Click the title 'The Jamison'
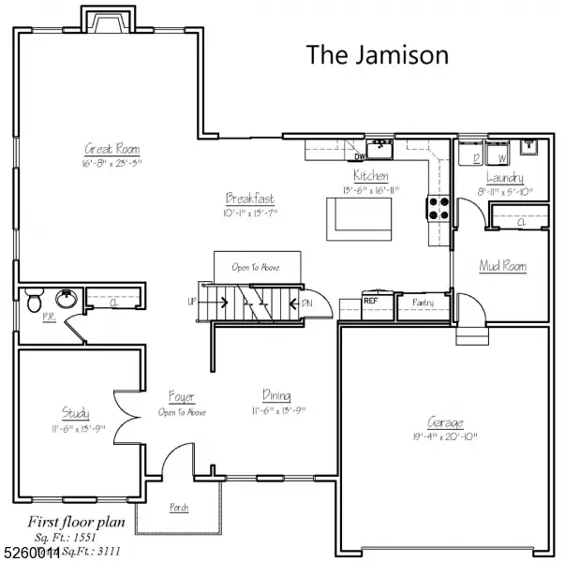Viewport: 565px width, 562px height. click(x=378, y=54)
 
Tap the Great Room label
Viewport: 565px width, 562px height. click(x=112, y=149)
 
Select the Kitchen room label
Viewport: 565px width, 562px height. click(x=371, y=175)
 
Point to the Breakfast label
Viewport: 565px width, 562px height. click(x=250, y=199)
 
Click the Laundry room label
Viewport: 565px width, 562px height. click(x=504, y=177)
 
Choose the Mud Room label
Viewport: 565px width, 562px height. click(x=502, y=266)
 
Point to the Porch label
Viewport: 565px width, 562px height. click(x=178, y=508)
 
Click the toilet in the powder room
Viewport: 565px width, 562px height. click(x=35, y=301)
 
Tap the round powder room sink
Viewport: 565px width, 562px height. click(x=66, y=300)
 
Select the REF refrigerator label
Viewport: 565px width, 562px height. click(x=370, y=301)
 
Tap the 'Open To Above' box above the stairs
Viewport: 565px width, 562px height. click(x=256, y=267)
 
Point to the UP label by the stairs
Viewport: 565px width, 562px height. click(x=193, y=303)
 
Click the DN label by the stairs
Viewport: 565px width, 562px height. click(x=307, y=303)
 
